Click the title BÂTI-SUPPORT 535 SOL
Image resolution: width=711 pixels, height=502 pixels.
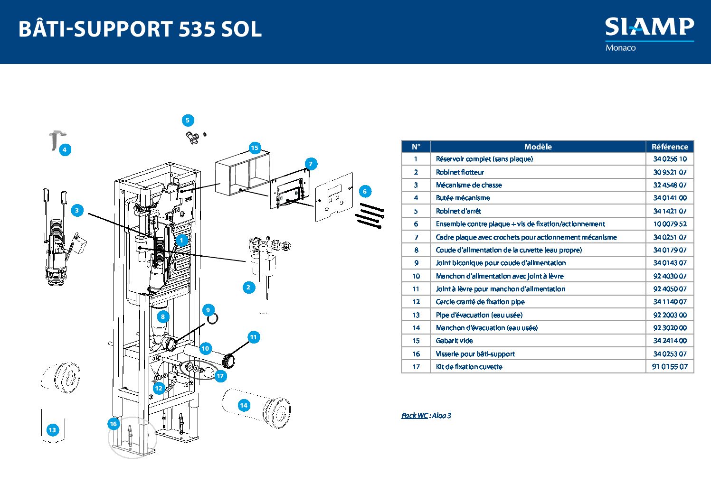tap(140, 29)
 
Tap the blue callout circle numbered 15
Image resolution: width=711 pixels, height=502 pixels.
tap(255, 148)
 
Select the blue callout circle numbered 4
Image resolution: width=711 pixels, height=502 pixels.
tap(65, 150)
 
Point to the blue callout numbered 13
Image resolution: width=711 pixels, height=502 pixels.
tap(52, 430)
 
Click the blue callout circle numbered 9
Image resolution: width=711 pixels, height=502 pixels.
tap(208, 310)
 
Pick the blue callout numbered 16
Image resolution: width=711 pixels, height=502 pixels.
tap(113, 424)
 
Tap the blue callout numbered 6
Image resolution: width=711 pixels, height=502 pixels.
tap(365, 191)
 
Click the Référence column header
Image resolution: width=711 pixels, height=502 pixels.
tap(669, 147)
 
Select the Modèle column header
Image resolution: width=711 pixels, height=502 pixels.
tap(538, 147)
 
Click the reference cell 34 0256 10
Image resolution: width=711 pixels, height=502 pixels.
tap(669, 159)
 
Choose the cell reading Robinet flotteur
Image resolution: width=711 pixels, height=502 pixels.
tap(460, 172)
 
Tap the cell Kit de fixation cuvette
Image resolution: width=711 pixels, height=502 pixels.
tap(469, 367)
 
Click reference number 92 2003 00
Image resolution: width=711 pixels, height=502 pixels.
tap(669, 315)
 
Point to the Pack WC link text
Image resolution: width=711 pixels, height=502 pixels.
tap(414, 416)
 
